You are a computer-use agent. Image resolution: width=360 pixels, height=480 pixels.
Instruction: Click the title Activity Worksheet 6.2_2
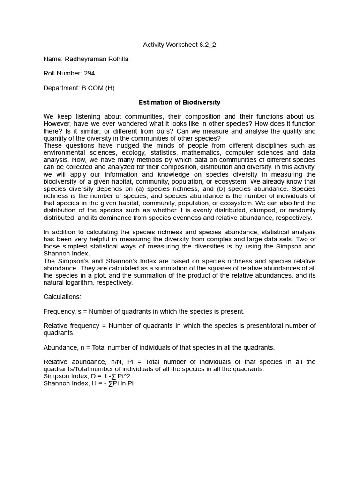click(x=180, y=45)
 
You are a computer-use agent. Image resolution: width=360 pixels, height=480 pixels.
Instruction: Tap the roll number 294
click(x=90, y=73)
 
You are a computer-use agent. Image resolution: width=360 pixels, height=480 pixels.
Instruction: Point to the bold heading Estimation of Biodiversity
click(x=180, y=102)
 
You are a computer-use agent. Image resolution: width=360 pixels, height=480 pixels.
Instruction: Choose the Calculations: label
click(x=62, y=297)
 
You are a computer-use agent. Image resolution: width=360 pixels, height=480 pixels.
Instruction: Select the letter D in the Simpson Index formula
click(x=89, y=376)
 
